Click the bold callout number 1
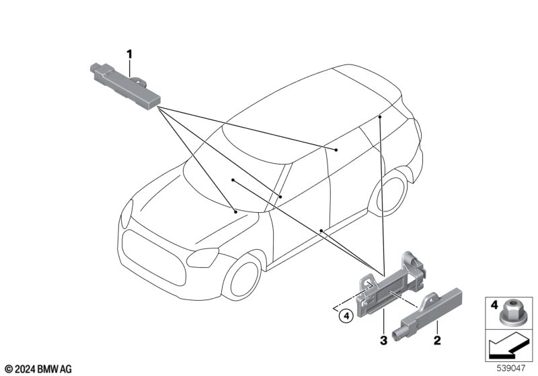(x=129, y=54)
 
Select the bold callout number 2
(x=436, y=340)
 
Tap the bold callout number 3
(x=383, y=340)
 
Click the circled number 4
(x=346, y=316)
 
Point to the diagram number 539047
(x=511, y=368)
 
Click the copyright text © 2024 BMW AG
(x=38, y=369)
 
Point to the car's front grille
(x=154, y=258)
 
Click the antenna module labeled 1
(x=125, y=86)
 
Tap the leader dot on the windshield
(x=233, y=180)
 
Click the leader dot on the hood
(x=235, y=212)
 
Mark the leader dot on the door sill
(x=321, y=230)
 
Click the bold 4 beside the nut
(x=494, y=304)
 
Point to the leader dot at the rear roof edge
(x=380, y=117)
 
